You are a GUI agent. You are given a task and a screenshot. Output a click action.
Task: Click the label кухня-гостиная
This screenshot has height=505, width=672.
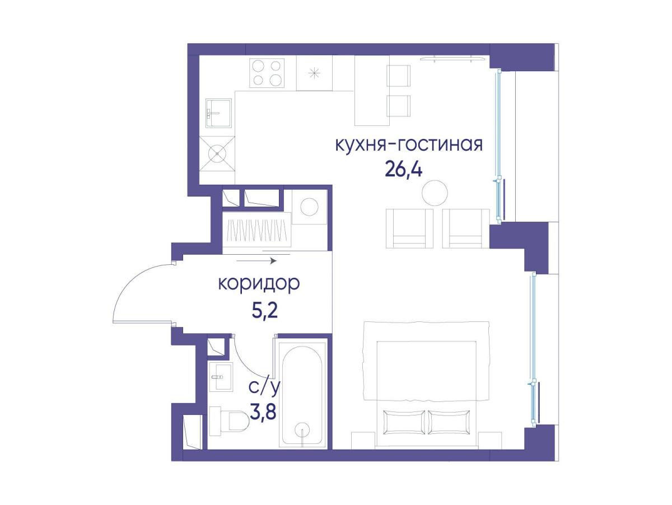tap(409, 145)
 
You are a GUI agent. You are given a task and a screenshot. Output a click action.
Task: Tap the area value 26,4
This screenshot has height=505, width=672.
tap(404, 169)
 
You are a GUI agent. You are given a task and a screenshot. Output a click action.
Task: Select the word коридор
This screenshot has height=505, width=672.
tap(259, 283)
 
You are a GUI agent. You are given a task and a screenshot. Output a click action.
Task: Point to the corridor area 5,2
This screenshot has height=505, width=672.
tap(264, 311)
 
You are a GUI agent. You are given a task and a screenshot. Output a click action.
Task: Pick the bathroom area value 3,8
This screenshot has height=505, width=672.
tap(263, 412)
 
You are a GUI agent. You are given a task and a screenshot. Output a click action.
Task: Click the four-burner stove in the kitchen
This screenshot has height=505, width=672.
tap(267, 73)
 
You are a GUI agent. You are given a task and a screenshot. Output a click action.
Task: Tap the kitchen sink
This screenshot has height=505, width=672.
tap(218, 113)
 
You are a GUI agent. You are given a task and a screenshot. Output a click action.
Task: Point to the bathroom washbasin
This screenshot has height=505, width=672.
tap(221, 376)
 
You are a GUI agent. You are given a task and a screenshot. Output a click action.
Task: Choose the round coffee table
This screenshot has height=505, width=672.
tap(435, 193)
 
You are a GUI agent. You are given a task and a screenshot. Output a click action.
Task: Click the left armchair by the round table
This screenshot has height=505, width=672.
tap(409, 228)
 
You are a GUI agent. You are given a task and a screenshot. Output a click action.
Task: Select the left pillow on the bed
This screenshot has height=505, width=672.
tap(404, 422)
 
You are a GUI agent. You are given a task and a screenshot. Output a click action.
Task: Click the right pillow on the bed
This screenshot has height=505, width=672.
tap(449, 422)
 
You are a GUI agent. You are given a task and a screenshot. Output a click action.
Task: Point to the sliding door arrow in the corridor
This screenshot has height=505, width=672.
tap(256, 261)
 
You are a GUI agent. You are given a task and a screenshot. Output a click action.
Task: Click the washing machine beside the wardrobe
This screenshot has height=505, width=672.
tap(310, 207)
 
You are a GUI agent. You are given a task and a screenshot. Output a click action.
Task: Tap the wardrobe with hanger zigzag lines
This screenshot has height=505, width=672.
tap(256, 230)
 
